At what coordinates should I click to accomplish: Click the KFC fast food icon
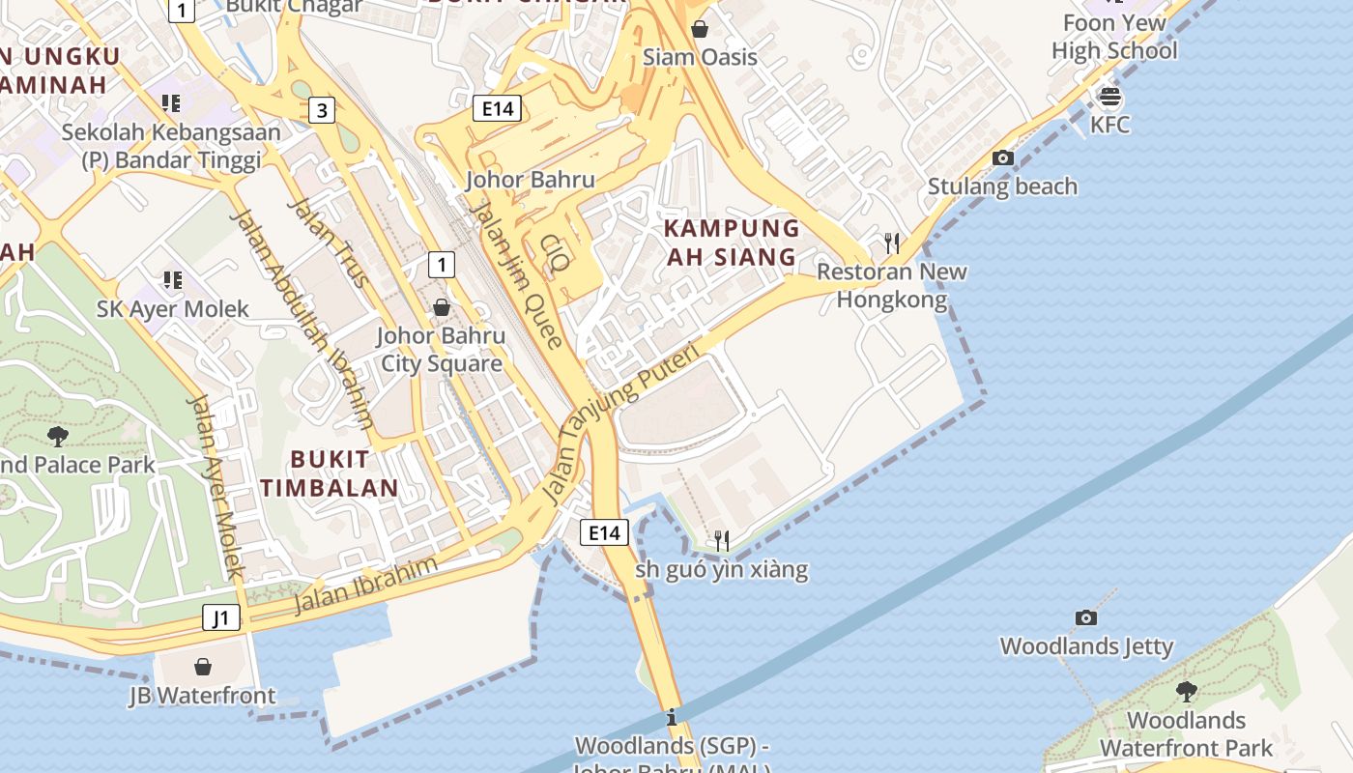(1109, 97)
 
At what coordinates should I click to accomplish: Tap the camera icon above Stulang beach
(1003, 157)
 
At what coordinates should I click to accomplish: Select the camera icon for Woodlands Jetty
(1086, 617)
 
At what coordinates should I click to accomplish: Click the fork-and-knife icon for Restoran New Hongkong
(892, 243)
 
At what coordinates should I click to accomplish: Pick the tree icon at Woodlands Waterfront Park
(1186, 691)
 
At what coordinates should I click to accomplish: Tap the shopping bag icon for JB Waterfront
(203, 667)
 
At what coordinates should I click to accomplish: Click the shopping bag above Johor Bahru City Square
(442, 307)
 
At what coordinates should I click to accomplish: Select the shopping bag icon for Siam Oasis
(700, 29)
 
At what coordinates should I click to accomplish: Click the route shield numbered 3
(322, 111)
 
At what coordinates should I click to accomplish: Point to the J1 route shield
(221, 617)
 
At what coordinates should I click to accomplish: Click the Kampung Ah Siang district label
(732, 243)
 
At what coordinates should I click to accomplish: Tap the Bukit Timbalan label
(330, 472)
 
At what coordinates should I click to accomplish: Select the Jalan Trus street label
(329, 243)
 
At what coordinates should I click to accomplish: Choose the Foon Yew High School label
(1114, 37)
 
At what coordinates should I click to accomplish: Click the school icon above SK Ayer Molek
(172, 280)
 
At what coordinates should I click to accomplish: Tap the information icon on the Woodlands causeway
(672, 718)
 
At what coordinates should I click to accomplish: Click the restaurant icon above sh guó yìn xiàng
(721, 540)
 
